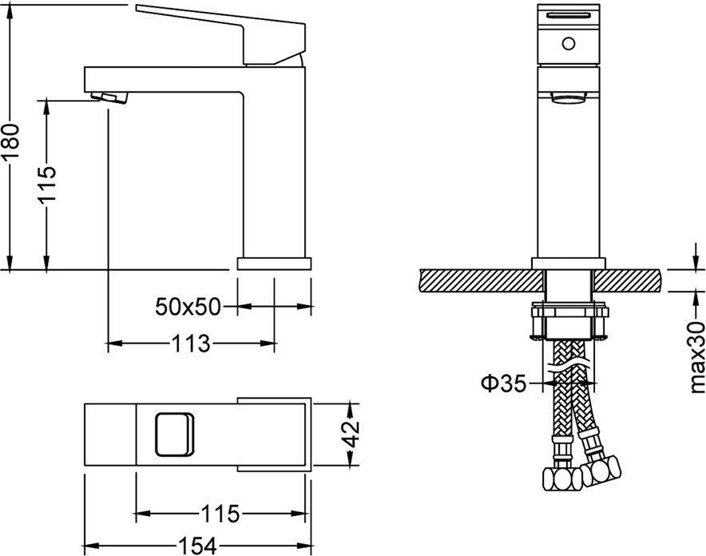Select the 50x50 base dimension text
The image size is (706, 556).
pyautogui.click(x=188, y=307)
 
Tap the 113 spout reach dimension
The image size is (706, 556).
pyautogui.click(x=190, y=344)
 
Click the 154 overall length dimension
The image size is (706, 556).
pyautogui.click(x=197, y=546)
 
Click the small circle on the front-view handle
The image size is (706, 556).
pyautogui.click(x=569, y=44)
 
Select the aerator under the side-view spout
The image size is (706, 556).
pyautogui.click(x=109, y=97)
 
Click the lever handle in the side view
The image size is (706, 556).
pyautogui.click(x=221, y=34)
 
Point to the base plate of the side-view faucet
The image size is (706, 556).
pyautogui.click(x=274, y=264)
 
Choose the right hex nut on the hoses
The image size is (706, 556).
pyautogui.click(x=601, y=470)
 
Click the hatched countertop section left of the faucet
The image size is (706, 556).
pyautogui.click(x=481, y=280)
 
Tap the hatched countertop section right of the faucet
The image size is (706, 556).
pyautogui.click(x=628, y=280)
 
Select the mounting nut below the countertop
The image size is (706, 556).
pyautogui.click(x=569, y=323)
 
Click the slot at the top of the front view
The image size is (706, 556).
pyautogui.click(x=569, y=16)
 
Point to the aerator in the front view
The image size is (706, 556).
pyautogui.click(x=569, y=97)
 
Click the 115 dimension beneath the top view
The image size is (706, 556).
pyautogui.click(x=220, y=514)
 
